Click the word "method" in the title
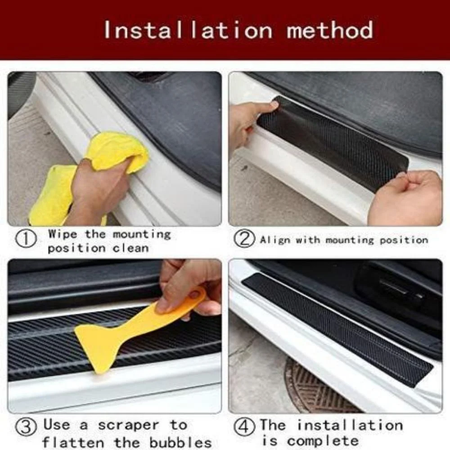(x=330, y=30)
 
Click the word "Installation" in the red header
(x=188, y=30)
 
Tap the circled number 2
(x=244, y=239)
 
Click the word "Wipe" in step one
(x=63, y=234)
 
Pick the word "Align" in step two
(x=274, y=240)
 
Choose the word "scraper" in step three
(x=128, y=425)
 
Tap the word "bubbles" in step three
(x=185, y=441)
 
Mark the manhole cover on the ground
(x=315, y=387)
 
